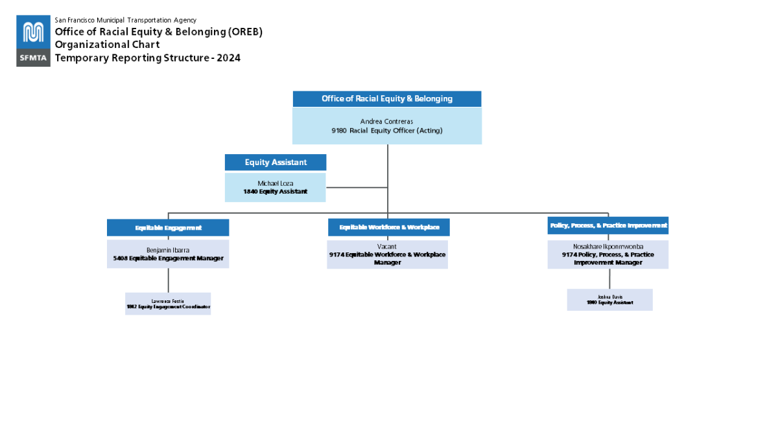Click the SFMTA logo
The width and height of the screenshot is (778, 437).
point(34,41)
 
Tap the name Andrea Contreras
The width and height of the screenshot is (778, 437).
point(386,121)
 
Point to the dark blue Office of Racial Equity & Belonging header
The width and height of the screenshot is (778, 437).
point(387,99)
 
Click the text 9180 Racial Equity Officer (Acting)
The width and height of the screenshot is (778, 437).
point(386,131)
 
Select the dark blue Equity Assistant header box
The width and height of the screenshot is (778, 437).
point(276,162)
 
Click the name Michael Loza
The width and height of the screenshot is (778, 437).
point(276,183)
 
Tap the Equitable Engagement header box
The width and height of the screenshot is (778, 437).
point(168,228)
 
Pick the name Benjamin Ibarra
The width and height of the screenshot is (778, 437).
point(168,250)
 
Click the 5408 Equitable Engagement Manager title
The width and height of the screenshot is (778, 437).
point(168,258)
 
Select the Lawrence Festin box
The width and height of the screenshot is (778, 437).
point(168,304)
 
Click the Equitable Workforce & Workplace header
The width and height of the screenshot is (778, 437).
point(389,227)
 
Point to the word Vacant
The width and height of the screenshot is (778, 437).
point(387,247)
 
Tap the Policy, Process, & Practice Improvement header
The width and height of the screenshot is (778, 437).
point(608,225)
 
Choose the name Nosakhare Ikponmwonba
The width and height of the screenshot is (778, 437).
point(608,247)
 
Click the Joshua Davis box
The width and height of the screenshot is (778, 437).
point(609,300)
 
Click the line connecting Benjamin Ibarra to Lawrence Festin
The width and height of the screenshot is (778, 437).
point(169,280)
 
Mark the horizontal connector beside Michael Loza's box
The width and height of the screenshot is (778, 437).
point(357,188)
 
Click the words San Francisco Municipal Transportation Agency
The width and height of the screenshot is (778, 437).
point(125,20)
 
